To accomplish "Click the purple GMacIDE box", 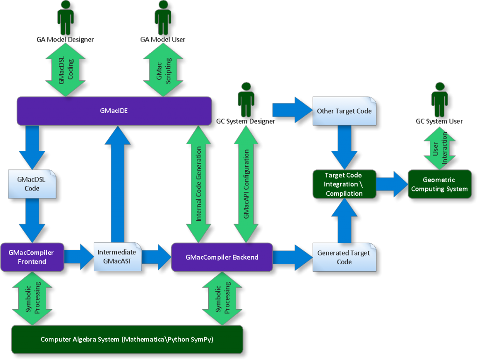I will point(114,111).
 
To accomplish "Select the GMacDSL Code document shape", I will point(32,184).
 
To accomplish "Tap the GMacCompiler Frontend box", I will point(32,257).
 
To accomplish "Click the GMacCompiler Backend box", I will point(222,257).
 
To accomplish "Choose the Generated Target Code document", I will point(344,257).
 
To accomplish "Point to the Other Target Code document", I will point(344,111).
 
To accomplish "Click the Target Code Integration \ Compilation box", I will point(344,184).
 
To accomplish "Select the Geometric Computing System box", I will point(439,184).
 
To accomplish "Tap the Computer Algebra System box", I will point(127,339).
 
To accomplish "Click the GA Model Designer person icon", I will point(65,18).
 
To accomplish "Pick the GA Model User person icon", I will point(162,18).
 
